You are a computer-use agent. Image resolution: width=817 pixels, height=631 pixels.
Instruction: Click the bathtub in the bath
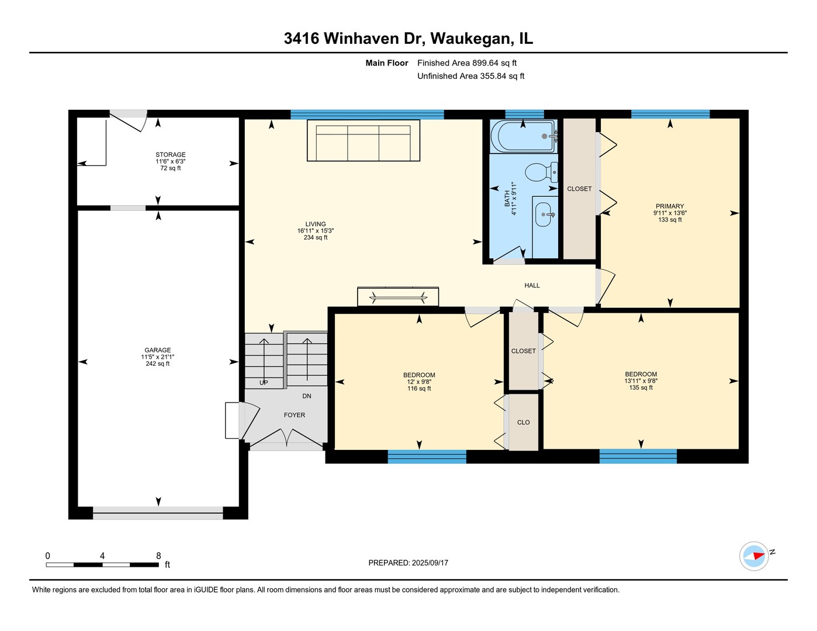524,136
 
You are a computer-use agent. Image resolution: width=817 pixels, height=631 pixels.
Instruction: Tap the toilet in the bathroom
541,172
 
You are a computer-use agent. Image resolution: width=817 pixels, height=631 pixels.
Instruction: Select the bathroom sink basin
543,214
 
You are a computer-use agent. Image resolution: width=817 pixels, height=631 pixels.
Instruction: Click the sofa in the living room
363,141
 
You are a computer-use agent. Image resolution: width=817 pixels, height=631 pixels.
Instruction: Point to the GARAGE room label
158,350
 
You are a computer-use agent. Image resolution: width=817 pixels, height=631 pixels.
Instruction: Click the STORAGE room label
170,154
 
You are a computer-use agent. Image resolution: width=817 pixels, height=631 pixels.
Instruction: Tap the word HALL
532,286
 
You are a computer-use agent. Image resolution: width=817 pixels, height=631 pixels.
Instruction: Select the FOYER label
295,415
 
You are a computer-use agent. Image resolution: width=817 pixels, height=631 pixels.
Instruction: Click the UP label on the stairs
264,383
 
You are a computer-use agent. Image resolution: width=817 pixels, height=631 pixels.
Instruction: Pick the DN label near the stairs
307,396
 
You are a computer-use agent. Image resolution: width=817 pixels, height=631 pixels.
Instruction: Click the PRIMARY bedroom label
670,206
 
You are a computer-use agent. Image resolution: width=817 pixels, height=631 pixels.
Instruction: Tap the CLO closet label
524,422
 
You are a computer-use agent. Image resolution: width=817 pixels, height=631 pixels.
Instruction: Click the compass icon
754,556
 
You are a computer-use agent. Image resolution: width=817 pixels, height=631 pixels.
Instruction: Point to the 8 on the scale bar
158,556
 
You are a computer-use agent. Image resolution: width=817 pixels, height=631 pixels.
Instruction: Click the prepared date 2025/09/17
430,563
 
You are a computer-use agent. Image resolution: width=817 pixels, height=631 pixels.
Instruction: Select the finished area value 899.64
485,63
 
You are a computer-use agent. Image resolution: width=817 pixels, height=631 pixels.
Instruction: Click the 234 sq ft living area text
316,238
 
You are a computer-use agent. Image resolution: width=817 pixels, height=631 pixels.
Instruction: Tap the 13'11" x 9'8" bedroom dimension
641,381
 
